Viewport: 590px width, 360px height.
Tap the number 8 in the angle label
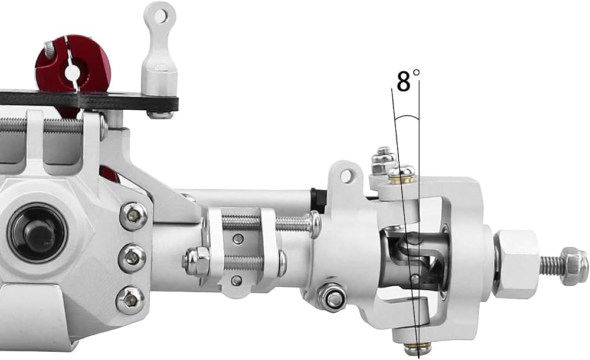[404, 81]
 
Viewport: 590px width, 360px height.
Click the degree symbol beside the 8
[416, 72]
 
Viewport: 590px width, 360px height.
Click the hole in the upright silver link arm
[160, 15]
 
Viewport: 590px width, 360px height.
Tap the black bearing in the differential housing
[38, 233]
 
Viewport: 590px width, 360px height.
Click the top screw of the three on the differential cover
[133, 216]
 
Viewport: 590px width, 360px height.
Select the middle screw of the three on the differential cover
[132, 258]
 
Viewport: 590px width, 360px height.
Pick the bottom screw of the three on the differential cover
[130, 300]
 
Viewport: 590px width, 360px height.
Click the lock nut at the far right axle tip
[573, 266]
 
